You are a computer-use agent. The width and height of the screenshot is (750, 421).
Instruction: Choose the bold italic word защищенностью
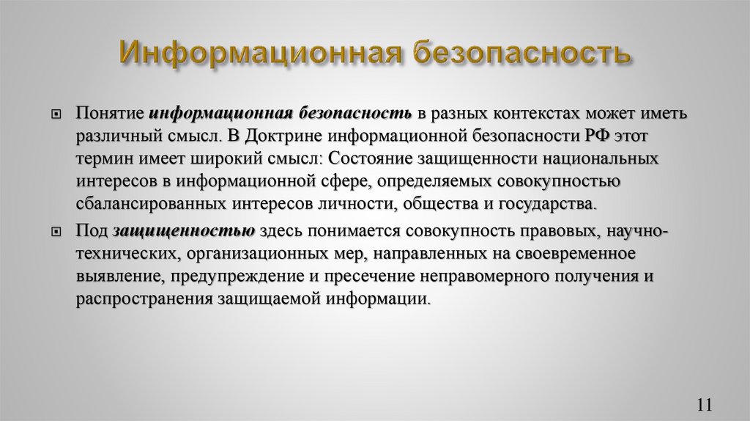(184, 232)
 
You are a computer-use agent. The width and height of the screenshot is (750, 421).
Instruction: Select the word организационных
(259, 254)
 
